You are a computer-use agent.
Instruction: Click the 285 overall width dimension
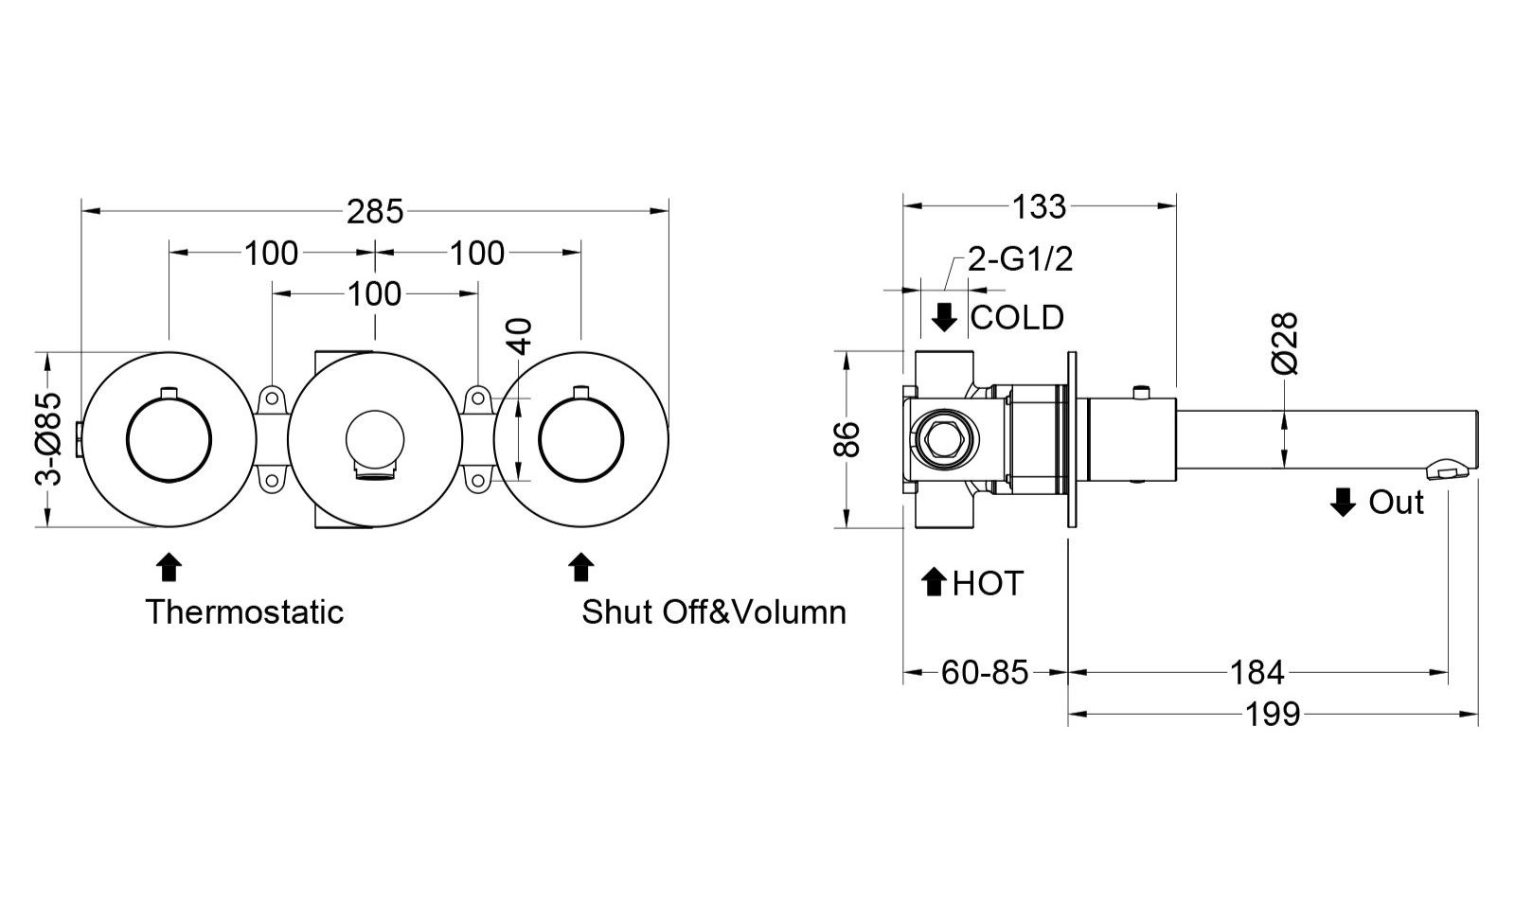pyautogui.click(x=374, y=211)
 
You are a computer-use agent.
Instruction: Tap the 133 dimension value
pyautogui.click(x=1039, y=206)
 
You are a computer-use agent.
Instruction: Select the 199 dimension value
pyautogui.click(x=1273, y=714)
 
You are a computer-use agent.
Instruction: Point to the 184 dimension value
pyautogui.click(x=1257, y=672)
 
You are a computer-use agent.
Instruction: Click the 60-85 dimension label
pyautogui.click(x=984, y=672)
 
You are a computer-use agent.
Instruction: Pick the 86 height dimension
pyautogui.click(x=847, y=439)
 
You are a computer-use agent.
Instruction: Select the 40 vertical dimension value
pyautogui.click(x=521, y=336)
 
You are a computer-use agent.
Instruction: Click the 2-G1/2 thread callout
pyautogui.click(x=1020, y=259)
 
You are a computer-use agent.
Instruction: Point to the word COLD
pyautogui.click(x=1017, y=317)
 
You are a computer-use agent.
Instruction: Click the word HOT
pyautogui.click(x=988, y=583)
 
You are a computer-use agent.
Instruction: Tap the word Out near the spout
pyautogui.click(x=1396, y=503)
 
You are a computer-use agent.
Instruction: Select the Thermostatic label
pyautogui.click(x=244, y=611)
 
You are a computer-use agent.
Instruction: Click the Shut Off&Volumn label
pyautogui.click(x=714, y=611)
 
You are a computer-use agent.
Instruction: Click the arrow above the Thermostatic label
pyautogui.click(x=169, y=567)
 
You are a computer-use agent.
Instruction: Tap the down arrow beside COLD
pyautogui.click(x=944, y=317)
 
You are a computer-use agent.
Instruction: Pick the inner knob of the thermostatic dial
pyautogui.click(x=169, y=439)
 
